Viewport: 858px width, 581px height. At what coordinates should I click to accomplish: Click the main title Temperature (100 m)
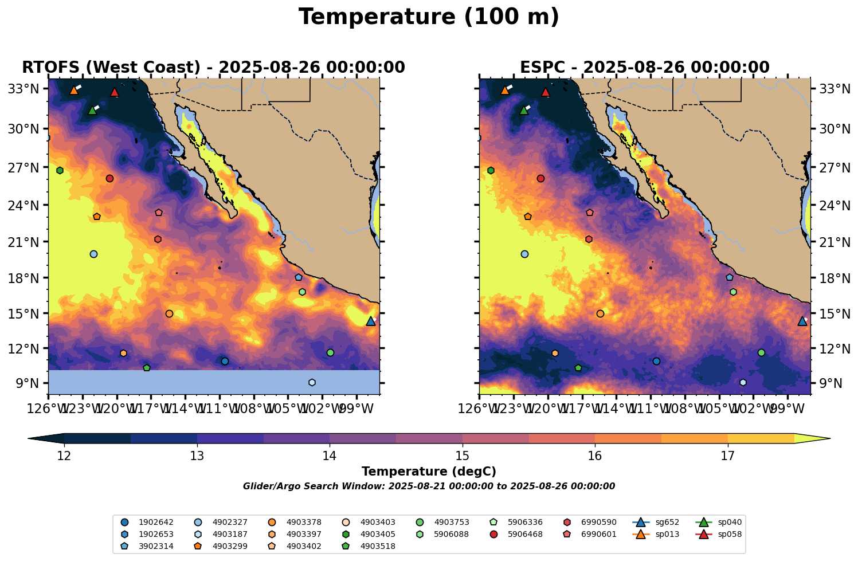pyautogui.click(x=429, y=17)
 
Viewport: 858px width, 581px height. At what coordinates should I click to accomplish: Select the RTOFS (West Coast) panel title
pyautogui.click(x=213, y=68)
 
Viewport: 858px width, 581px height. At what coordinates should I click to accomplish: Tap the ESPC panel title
pyautogui.click(x=644, y=68)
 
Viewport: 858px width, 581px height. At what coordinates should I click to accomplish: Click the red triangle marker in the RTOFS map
pyautogui.click(x=115, y=92)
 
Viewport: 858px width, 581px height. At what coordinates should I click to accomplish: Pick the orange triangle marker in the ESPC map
pyautogui.click(x=505, y=90)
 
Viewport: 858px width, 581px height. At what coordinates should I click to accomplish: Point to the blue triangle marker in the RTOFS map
pyautogui.click(x=371, y=321)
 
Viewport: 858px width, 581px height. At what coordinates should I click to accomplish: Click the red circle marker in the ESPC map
pyautogui.click(x=540, y=179)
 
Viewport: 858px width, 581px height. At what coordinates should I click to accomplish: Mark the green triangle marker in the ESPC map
pyautogui.click(x=523, y=110)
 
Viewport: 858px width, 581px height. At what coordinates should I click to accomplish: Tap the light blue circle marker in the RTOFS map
pyautogui.click(x=93, y=254)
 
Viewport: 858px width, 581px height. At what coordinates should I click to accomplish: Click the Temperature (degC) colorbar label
pyautogui.click(x=429, y=472)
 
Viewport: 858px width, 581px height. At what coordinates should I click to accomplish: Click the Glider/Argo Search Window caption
pyautogui.click(x=429, y=486)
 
